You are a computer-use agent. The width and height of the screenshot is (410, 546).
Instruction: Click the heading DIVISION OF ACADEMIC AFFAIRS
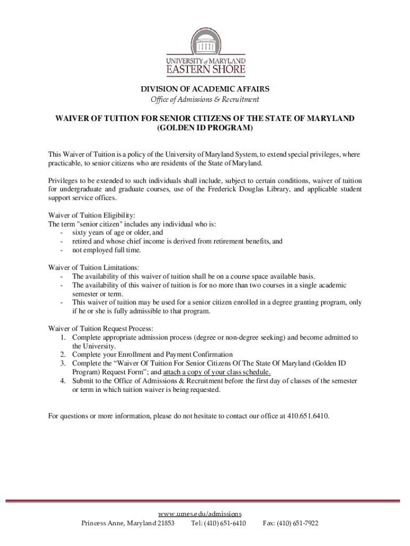[x=205, y=89]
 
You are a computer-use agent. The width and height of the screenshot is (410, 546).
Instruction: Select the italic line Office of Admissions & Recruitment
[x=205, y=100]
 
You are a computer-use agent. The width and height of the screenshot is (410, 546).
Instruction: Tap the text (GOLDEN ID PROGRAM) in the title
[x=205, y=129]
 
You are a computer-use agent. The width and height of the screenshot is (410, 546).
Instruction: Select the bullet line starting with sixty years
[x=117, y=232]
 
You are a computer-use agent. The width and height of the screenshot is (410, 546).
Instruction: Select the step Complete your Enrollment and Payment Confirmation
[x=152, y=355]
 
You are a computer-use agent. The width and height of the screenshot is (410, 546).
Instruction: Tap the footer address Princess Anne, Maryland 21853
[x=128, y=524]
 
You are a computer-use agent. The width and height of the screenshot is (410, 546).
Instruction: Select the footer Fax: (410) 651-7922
[x=291, y=524]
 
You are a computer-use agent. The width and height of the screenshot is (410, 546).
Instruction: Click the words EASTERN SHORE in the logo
[x=206, y=69]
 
